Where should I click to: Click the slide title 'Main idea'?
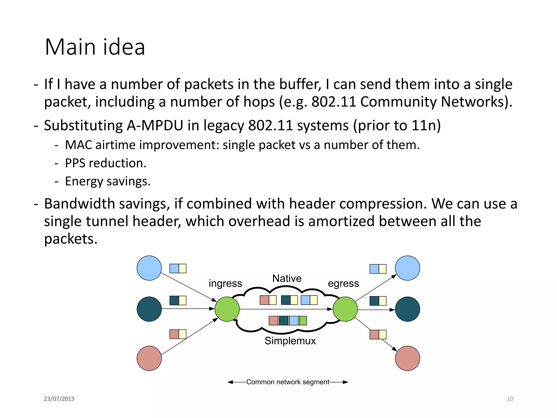(x=95, y=47)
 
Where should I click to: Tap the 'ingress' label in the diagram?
(x=225, y=283)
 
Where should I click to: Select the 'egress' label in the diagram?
(x=343, y=283)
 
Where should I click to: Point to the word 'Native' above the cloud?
(x=287, y=278)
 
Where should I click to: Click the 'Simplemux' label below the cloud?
(x=290, y=341)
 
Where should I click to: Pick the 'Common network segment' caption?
(x=288, y=382)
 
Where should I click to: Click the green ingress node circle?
(x=227, y=309)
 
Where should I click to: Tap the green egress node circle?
(x=345, y=309)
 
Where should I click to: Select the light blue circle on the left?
(x=149, y=268)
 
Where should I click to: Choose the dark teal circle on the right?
(x=407, y=309)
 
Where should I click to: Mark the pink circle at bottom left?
(x=149, y=358)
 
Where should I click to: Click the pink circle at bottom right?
(x=407, y=358)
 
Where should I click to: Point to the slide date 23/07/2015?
(x=59, y=399)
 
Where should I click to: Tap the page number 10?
(x=510, y=399)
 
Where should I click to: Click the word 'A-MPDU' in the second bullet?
(x=155, y=126)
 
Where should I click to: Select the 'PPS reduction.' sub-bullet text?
(x=106, y=163)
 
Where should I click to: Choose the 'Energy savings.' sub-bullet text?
(x=108, y=182)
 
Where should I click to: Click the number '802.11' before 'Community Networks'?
(x=333, y=102)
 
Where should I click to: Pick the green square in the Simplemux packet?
(x=303, y=321)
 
